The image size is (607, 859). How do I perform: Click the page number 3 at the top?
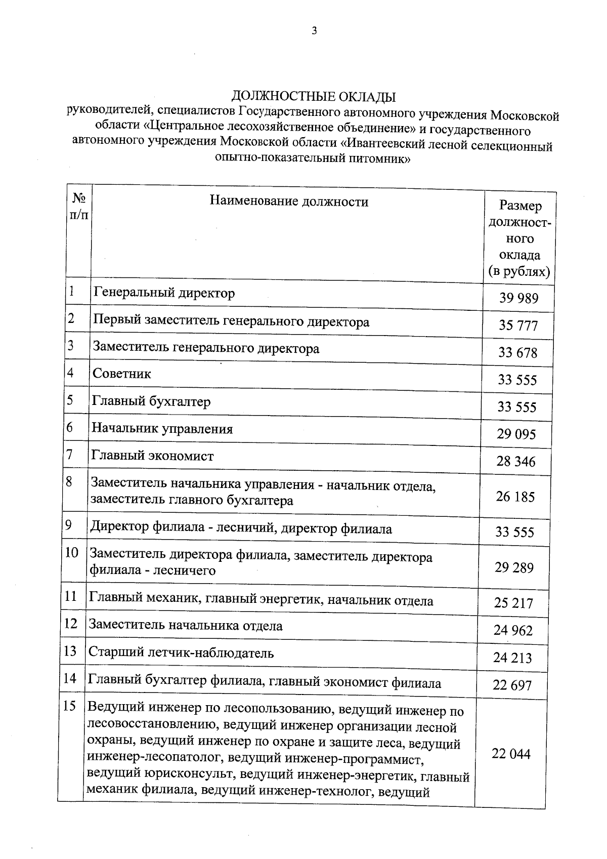click(x=314, y=31)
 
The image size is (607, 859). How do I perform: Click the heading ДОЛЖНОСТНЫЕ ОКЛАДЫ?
click(x=314, y=96)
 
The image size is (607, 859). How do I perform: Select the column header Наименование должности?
click(x=289, y=202)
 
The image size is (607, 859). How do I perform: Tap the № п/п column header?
click(x=78, y=206)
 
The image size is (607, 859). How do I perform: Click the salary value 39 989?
click(x=519, y=298)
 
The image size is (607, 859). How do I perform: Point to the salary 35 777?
click(x=518, y=325)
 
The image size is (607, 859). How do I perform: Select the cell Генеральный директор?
click(x=164, y=293)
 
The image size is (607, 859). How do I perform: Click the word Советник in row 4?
click(x=122, y=374)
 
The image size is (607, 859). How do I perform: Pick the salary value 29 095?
click(x=516, y=434)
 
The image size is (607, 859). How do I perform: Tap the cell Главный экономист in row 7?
click(x=152, y=456)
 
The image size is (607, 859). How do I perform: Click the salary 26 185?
click(x=515, y=497)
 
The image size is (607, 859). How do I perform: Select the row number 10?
click(x=72, y=552)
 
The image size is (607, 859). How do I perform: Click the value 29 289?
click(x=514, y=568)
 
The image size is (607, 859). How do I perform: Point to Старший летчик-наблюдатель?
click(x=181, y=653)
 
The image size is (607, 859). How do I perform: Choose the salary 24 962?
click(x=513, y=631)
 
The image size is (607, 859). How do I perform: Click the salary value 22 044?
click(x=511, y=754)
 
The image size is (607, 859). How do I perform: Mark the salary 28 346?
click(x=516, y=462)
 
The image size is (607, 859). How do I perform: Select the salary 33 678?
click(x=517, y=353)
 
